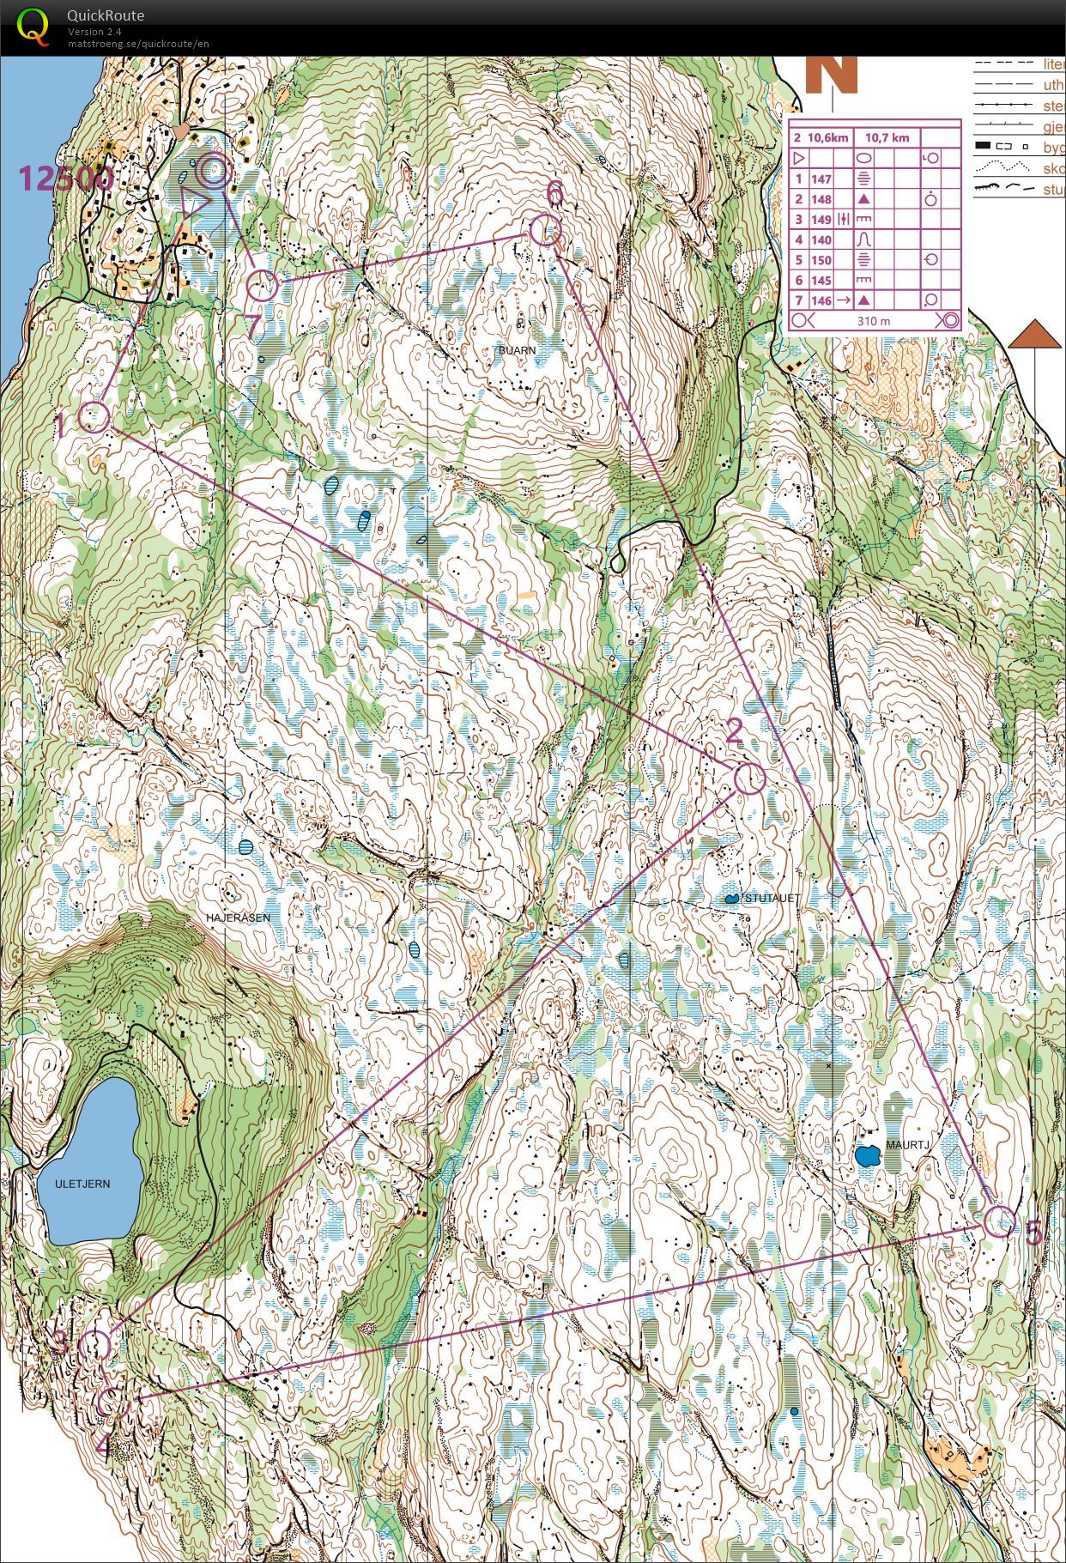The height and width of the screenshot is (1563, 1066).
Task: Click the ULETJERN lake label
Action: coord(82,1184)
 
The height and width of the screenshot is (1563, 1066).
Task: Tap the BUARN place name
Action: coord(518,350)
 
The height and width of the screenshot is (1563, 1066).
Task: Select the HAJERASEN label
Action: coord(238,918)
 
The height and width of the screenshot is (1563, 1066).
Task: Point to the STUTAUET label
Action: coord(772,898)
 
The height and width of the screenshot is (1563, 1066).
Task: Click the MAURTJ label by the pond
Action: coord(907,1145)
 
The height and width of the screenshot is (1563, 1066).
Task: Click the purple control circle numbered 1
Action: coord(94,417)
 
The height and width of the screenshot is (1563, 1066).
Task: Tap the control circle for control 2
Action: coord(749,778)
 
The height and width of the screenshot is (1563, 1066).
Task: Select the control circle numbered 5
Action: coord(999,1221)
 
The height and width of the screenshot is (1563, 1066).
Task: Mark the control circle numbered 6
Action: coord(545,230)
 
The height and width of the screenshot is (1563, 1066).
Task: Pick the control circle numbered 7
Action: coord(263,285)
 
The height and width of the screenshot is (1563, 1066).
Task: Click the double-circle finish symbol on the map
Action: coord(213,172)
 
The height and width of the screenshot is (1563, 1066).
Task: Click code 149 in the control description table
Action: coord(821,220)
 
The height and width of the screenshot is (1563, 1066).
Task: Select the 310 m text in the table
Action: coord(873,321)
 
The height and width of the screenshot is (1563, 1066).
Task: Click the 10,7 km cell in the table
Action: coord(887,137)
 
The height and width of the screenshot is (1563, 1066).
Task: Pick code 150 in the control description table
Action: coord(821,260)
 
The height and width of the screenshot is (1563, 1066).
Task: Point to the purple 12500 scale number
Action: coord(65,179)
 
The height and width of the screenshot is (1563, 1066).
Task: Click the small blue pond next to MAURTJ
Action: coord(867,1155)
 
